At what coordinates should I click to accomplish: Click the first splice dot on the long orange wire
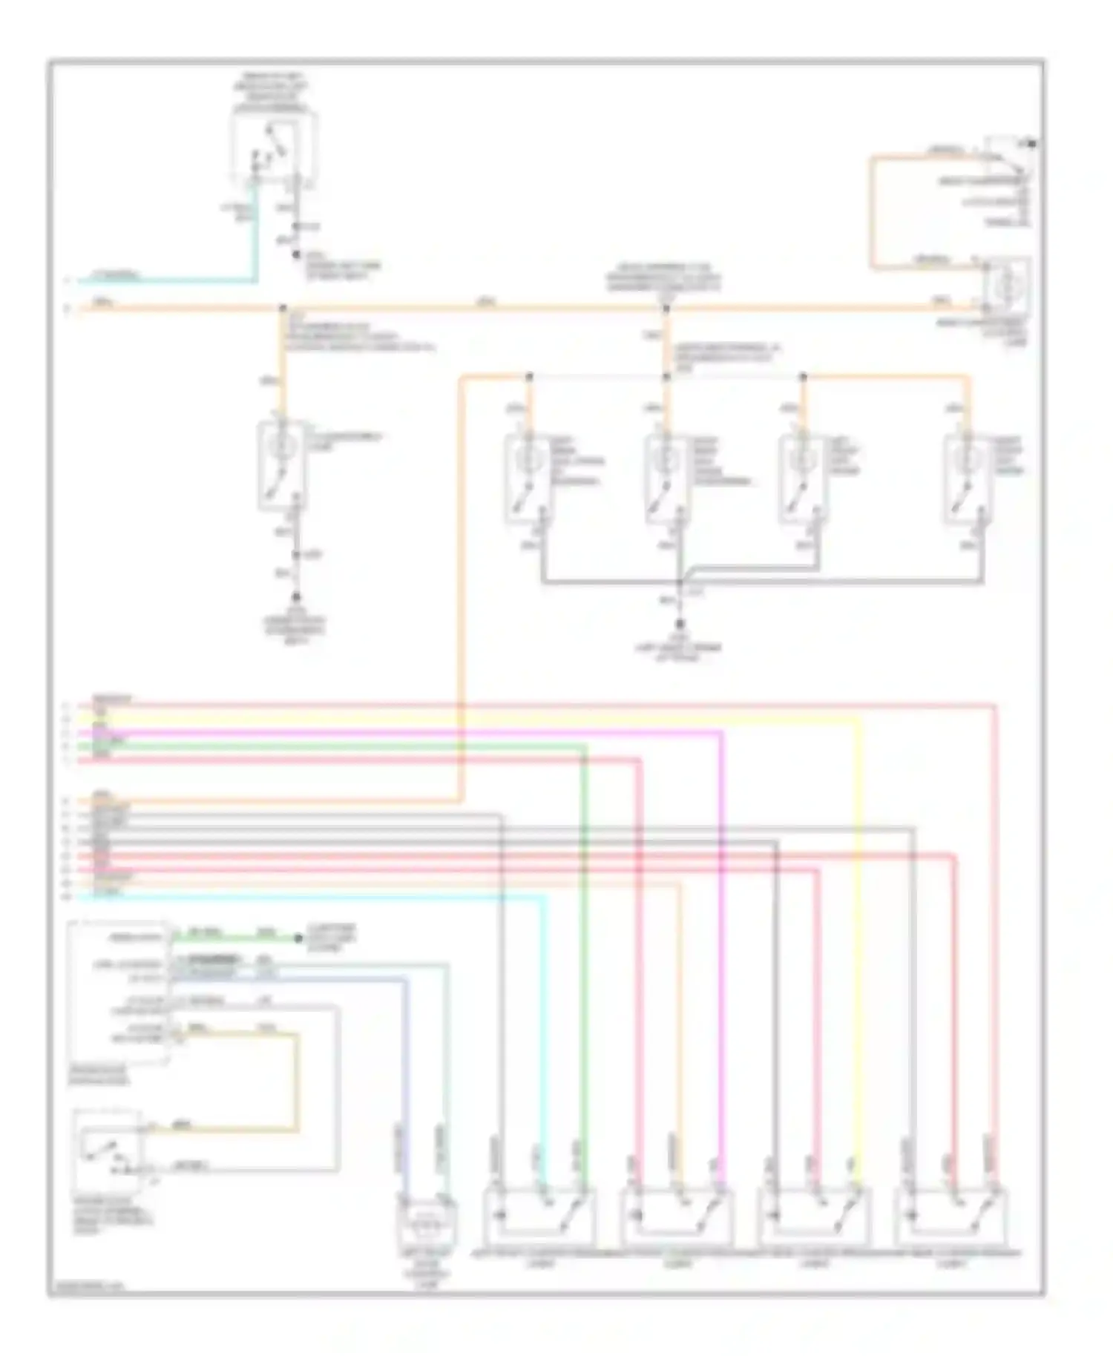pos(283,307)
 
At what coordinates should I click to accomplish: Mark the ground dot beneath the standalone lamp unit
pos(295,597)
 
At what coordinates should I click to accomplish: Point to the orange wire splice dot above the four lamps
pos(666,307)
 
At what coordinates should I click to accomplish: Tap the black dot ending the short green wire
pos(298,938)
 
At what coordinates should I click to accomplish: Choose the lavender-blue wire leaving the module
pos(405,1053)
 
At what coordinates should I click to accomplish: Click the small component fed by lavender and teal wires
pos(427,1223)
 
